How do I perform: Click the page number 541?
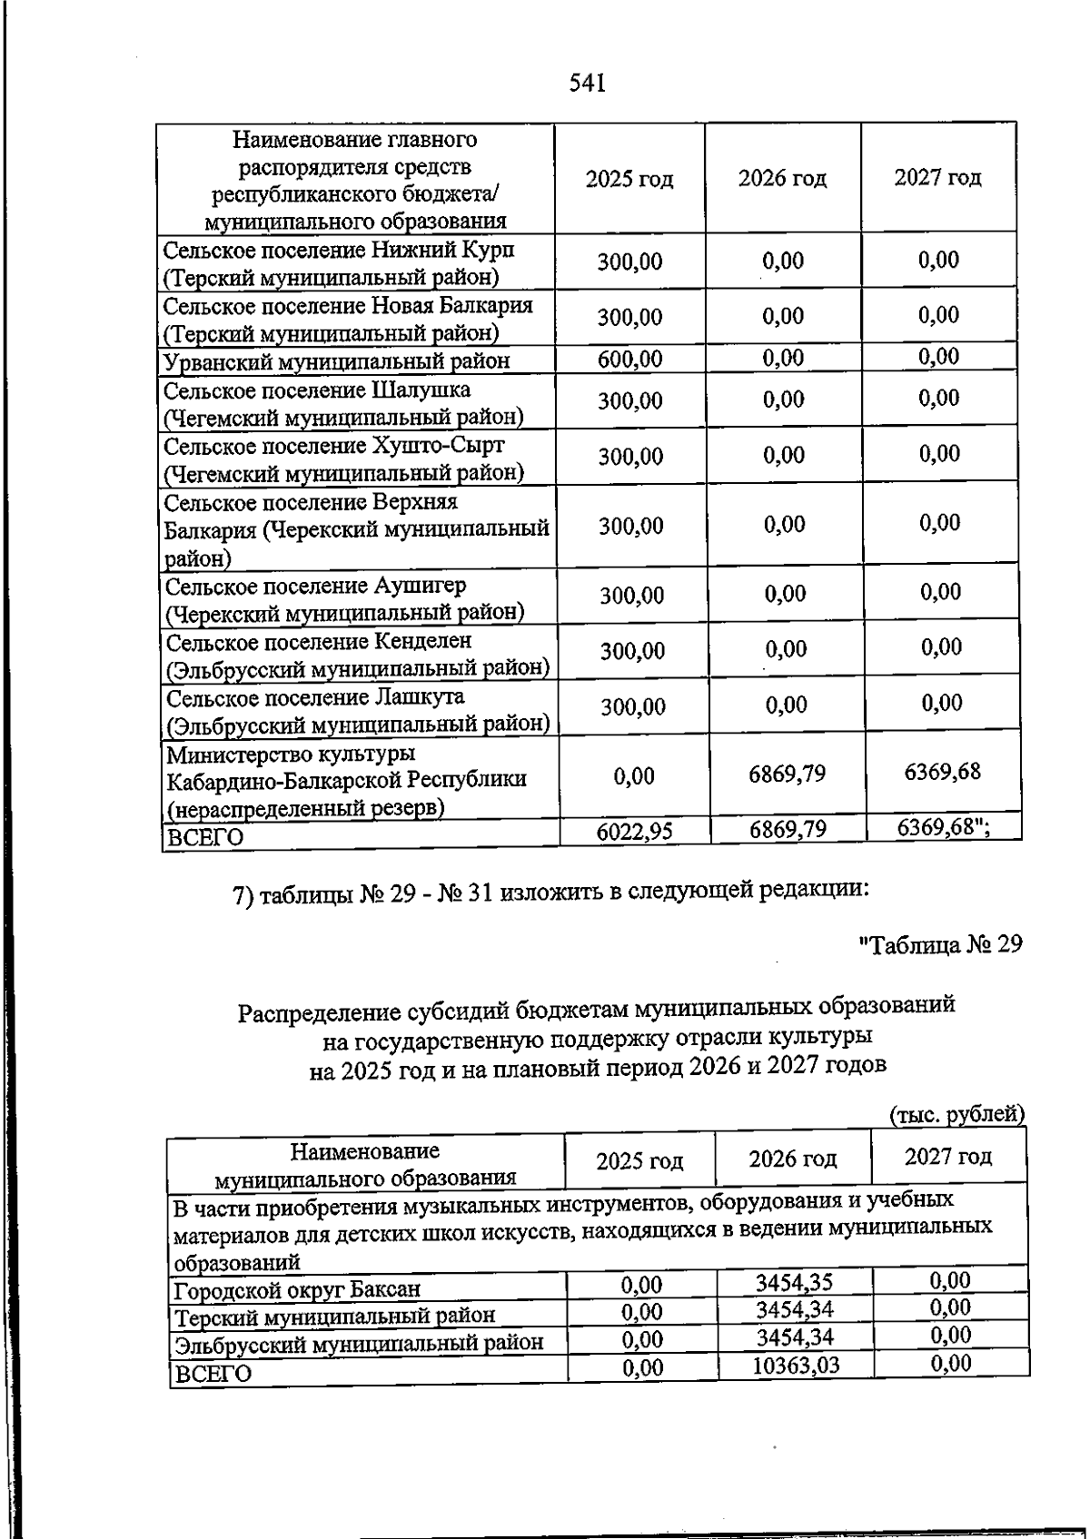(x=587, y=84)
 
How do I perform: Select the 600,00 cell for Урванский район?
(x=629, y=360)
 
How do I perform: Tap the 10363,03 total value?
(x=796, y=1365)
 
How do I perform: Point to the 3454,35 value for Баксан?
(x=795, y=1283)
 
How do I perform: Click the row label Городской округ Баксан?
(x=297, y=1289)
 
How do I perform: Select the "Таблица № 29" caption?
(x=940, y=944)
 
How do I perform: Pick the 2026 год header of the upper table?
(x=782, y=178)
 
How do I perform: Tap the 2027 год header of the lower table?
(x=948, y=1157)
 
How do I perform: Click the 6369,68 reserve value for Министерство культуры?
(x=942, y=772)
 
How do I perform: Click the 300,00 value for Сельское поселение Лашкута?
(x=632, y=706)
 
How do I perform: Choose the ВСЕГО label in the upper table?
(x=207, y=837)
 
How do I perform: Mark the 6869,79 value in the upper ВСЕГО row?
(x=788, y=829)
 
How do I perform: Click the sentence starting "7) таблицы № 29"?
(x=550, y=892)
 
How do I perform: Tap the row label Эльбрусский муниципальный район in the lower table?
(x=359, y=1343)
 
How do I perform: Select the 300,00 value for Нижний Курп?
(x=629, y=261)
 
